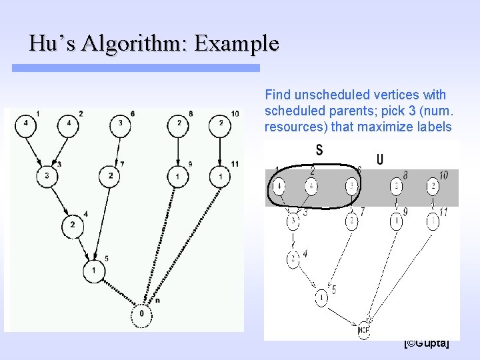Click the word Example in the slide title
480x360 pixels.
[x=237, y=44]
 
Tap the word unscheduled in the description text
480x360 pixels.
[x=319, y=95]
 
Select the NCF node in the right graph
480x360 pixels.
[x=364, y=329]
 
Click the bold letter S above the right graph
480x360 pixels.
[x=319, y=150]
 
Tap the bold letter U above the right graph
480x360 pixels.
[x=379, y=159]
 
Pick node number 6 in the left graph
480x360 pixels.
[x=120, y=124]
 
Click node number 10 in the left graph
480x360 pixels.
[x=221, y=124]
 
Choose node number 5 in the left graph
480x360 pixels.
[x=94, y=271]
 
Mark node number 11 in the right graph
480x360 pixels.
[x=433, y=221]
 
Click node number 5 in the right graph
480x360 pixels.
[x=321, y=297]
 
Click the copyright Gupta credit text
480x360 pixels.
[x=427, y=343]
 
